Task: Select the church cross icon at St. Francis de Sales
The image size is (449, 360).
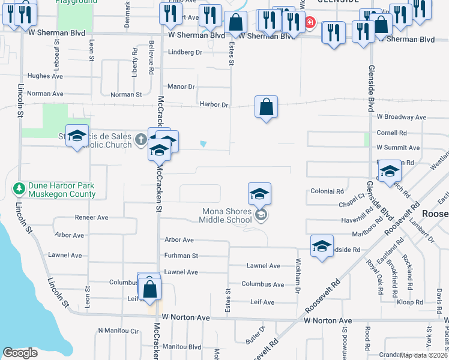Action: point(140,140)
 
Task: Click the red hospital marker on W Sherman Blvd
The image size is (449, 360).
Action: point(310,23)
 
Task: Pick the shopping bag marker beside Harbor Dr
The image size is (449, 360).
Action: point(266,107)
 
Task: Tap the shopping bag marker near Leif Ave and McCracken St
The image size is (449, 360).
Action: point(150,289)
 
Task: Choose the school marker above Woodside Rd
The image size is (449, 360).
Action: point(322,246)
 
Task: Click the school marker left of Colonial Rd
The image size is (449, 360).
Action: point(259,194)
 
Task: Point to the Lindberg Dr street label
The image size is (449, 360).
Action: point(185,52)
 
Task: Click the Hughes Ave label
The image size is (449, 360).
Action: point(45,76)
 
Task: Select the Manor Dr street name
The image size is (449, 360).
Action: point(181,87)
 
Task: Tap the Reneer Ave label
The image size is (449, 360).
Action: point(91,217)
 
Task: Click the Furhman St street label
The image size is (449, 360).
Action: point(181,256)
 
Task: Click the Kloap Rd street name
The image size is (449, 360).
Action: point(410,301)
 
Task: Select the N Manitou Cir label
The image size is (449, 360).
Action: point(118,331)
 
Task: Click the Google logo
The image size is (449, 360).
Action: point(20,353)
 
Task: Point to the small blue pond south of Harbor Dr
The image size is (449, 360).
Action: point(203,144)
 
